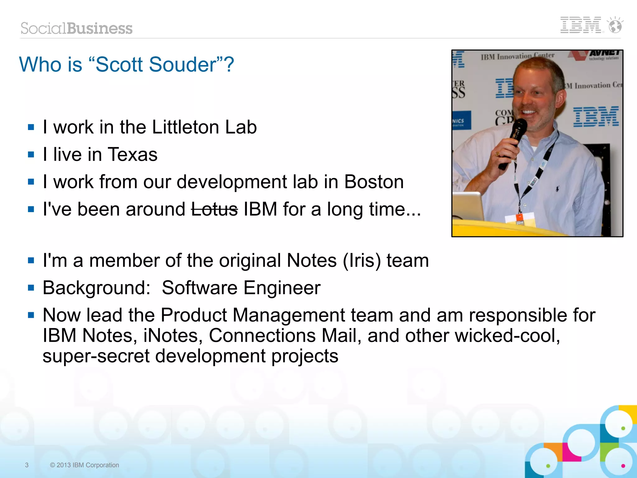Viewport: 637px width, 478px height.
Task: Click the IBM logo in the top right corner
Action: point(580,25)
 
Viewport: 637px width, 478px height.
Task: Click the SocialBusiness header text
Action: point(77,28)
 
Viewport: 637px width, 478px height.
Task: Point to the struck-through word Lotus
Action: point(214,209)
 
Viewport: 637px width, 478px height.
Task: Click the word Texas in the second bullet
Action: point(133,155)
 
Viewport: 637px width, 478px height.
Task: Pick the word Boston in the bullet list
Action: point(374,182)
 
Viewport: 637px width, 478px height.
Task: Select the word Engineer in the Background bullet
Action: point(282,288)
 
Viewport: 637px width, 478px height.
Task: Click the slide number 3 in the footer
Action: point(27,465)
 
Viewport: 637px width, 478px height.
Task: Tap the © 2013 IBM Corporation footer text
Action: point(85,465)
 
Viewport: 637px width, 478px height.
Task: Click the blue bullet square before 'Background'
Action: point(31,288)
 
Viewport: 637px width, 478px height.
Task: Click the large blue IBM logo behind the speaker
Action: point(596,117)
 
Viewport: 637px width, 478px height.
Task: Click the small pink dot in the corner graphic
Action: point(623,466)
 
